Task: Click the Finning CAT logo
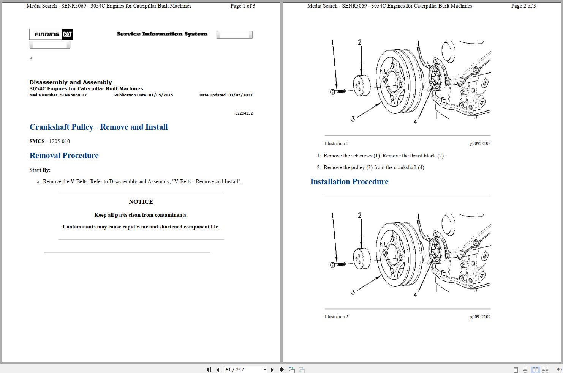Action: click(x=51, y=35)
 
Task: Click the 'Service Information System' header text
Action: click(x=162, y=34)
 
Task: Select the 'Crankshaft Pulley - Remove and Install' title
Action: click(x=98, y=127)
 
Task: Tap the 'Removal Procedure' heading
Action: click(x=64, y=156)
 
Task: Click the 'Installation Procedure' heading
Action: click(x=349, y=182)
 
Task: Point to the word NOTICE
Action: click(x=141, y=202)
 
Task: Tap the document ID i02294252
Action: click(x=243, y=113)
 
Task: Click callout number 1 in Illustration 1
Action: click(x=332, y=42)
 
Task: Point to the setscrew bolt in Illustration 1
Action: click(x=338, y=91)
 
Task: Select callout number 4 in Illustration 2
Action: click(x=415, y=295)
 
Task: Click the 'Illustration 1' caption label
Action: click(x=336, y=143)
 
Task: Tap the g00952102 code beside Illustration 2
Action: click(x=480, y=317)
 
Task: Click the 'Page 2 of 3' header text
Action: click(x=523, y=6)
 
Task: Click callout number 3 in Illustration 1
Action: click(x=353, y=119)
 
